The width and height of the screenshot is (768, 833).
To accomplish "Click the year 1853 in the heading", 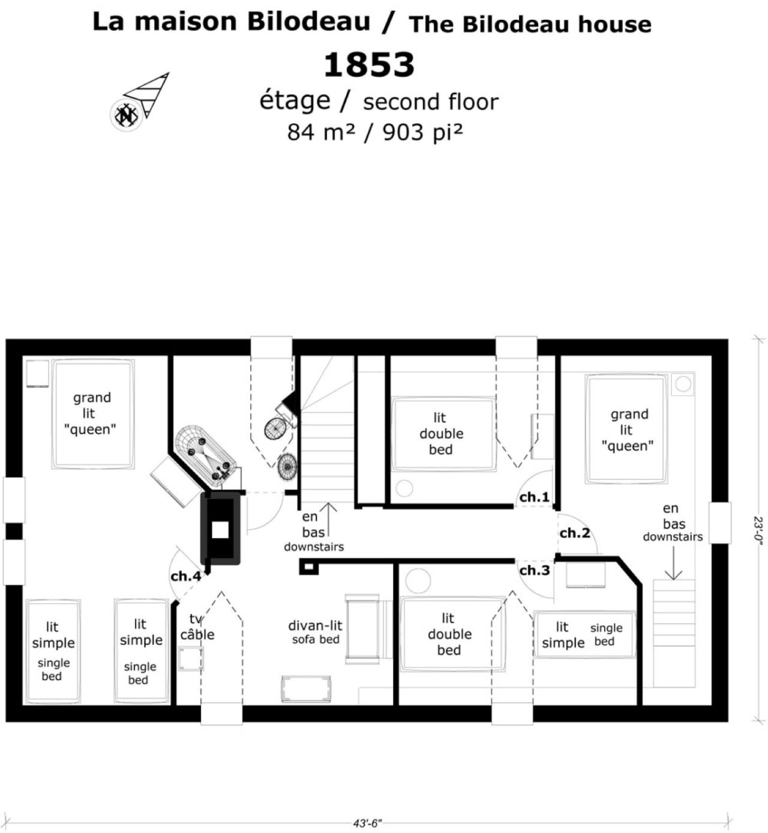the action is [x=369, y=65].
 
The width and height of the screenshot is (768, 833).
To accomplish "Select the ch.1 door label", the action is [x=534, y=497].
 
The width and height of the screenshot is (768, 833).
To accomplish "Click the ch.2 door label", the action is [x=575, y=533].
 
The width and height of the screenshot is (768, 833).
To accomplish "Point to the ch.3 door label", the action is [x=534, y=571].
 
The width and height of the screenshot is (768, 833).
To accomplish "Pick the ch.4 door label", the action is [x=186, y=576].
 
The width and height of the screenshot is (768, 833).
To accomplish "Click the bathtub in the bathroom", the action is [x=205, y=454].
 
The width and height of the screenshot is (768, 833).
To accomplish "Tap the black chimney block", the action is [x=220, y=528].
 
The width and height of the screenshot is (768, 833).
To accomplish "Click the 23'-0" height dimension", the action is [x=758, y=528].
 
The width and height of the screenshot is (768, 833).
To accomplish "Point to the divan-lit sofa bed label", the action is [x=316, y=633].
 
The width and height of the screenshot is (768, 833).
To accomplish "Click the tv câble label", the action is [x=197, y=626].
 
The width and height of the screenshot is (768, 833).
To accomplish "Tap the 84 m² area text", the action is [x=321, y=132].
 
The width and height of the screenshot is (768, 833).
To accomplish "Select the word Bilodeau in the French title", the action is [x=308, y=22].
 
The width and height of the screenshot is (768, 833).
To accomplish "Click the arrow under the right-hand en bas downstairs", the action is [x=673, y=563].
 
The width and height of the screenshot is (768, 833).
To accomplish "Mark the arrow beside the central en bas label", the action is [x=328, y=520].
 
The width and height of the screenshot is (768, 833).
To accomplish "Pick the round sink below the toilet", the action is [x=287, y=466].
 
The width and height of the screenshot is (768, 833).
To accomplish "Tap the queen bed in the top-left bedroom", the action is [x=93, y=414].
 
